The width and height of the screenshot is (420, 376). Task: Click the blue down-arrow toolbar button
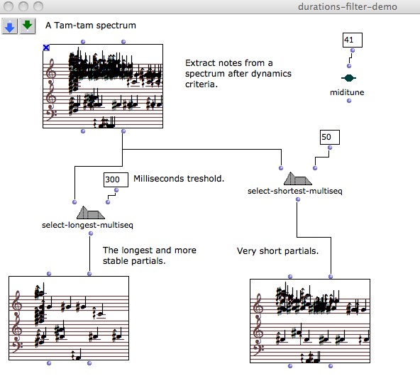(10, 26)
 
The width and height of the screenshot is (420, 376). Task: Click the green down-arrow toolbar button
(28, 26)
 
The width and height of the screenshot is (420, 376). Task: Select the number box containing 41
(353, 40)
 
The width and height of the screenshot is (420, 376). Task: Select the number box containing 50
(330, 138)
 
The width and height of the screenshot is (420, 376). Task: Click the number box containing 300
(116, 179)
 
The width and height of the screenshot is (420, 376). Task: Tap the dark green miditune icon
(348, 78)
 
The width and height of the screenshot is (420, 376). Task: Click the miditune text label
(347, 92)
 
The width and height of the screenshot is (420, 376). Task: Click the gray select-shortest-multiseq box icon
(297, 178)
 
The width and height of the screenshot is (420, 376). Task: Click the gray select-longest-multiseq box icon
(91, 212)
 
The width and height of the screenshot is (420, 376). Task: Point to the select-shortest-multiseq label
(295, 191)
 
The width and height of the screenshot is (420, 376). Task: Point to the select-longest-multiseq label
(87, 225)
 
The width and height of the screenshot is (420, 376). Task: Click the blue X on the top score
(46, 48)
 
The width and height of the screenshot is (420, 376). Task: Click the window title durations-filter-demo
(348, 6)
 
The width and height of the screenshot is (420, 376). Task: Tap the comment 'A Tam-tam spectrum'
(91, 26)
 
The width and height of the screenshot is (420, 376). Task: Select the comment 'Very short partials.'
(277, 251)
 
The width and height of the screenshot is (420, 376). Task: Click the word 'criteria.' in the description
(201, 84)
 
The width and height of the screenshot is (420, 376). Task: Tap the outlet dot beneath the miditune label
(349, 101)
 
